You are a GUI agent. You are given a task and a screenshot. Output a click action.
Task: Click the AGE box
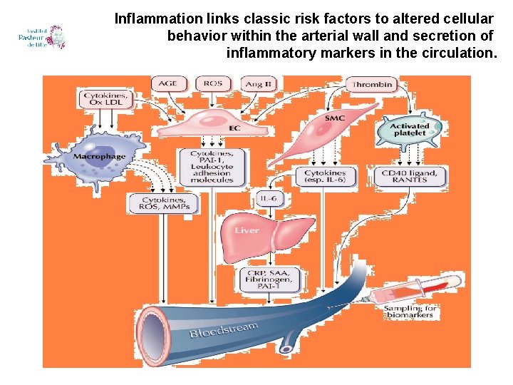tap(168, 84)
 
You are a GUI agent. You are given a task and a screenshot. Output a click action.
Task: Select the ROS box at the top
tap(212, 84)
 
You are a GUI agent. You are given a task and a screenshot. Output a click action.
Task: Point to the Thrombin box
tap(371, 85)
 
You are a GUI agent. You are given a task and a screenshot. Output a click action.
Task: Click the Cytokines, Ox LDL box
tap(105, 99)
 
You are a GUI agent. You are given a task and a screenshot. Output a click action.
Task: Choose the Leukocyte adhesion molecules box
tap(212, 166)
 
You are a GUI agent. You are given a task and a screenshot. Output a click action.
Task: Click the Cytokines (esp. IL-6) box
tap(325, 176)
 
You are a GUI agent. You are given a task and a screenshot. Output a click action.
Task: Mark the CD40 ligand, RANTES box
tap(405, 175)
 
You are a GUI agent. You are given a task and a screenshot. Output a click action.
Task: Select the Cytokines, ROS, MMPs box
tap(165, 203)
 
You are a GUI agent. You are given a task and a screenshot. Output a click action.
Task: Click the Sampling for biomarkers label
tap(409, 311)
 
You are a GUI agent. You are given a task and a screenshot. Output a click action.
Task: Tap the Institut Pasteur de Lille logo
tap(43, 37)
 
